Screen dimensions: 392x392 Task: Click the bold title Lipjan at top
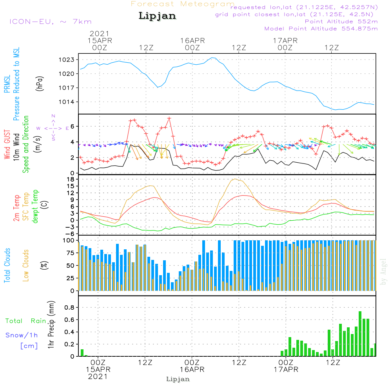pos(157,16)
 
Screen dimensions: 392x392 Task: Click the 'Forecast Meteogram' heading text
pos(182,4)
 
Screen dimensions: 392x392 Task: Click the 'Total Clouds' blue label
pos(7,265)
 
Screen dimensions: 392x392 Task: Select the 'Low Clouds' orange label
pos(26,265)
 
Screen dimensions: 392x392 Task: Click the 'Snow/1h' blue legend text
pos(22,335)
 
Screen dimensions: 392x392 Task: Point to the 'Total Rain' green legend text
pos(26,321)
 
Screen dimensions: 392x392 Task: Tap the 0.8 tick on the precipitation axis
pos(69,307)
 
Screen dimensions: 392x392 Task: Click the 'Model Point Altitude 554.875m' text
pos(321,29)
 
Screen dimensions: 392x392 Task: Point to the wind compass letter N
pos(53,116)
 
